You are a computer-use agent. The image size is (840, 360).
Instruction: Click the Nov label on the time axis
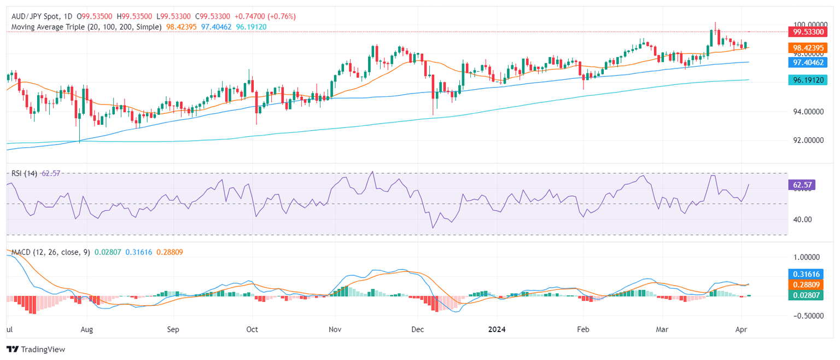pyautogui.click(x=335, y=330)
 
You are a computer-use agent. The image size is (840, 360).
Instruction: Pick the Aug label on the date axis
pyautogui.click(x=86, y=330)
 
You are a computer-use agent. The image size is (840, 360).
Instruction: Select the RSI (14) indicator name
pyautogui.click(x=25, y=173)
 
